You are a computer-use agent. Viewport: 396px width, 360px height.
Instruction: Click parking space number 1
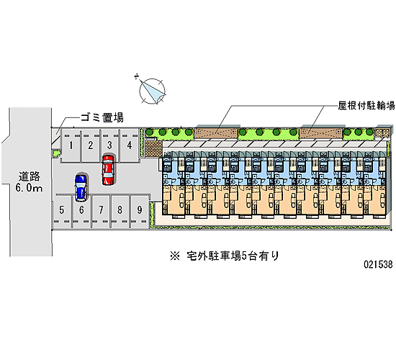click(x=71, y=145)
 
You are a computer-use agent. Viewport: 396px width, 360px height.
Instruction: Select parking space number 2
click(x=91, y=145)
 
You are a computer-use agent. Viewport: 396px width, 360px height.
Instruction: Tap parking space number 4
click(x=130, y=145)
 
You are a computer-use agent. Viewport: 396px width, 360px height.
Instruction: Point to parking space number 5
click(x=62, y=210)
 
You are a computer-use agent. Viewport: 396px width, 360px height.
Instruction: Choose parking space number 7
click(x=101, y=210)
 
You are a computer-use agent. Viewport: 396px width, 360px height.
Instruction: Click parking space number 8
click(x=120, y=210)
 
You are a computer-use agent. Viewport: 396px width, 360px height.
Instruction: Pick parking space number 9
click(x=140, y=210)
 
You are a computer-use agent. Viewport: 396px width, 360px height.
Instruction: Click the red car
click(x=108, y=170)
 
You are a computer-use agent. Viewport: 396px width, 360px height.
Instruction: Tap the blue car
click(x=81, y=188)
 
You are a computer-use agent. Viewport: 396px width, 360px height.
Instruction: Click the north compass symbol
click(x=152, y=91)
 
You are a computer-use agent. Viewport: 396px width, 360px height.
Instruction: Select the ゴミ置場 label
click(x=102, y=118)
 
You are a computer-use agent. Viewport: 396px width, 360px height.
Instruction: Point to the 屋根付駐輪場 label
click(x=366, y=106)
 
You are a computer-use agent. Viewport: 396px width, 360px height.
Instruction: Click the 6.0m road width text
click(x=29, y=188)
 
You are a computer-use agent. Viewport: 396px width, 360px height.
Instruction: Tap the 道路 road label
click(x=30, y=176)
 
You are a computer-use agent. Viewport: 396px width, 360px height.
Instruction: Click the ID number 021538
click(x=378, y=264)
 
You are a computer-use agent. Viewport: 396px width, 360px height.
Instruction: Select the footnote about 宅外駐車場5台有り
click(x=225, y=256)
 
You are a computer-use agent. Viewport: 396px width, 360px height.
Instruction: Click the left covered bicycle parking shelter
click(x=216, y=133)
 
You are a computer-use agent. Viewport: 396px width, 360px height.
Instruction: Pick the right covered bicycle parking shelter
click(x=321, y=133)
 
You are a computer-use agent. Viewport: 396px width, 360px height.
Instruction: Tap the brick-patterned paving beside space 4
click(x=153, y=149)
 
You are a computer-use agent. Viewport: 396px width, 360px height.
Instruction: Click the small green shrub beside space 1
click(x=56, y=153)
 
